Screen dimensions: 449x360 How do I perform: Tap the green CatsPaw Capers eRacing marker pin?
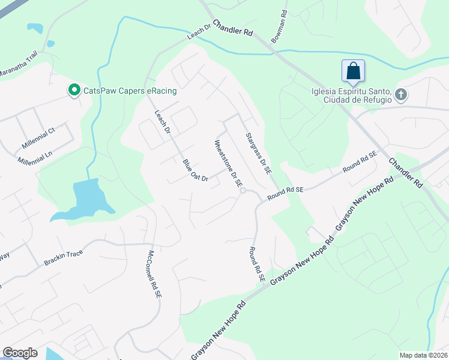[74, 91]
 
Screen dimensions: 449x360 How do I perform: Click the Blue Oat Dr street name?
[195, 170]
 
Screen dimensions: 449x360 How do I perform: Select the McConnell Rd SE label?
[155, 274]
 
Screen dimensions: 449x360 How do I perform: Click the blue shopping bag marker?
[354, 71]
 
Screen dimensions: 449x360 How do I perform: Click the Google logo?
[20, 353]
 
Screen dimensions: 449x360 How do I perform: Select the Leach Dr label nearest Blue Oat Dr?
[163, 122]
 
